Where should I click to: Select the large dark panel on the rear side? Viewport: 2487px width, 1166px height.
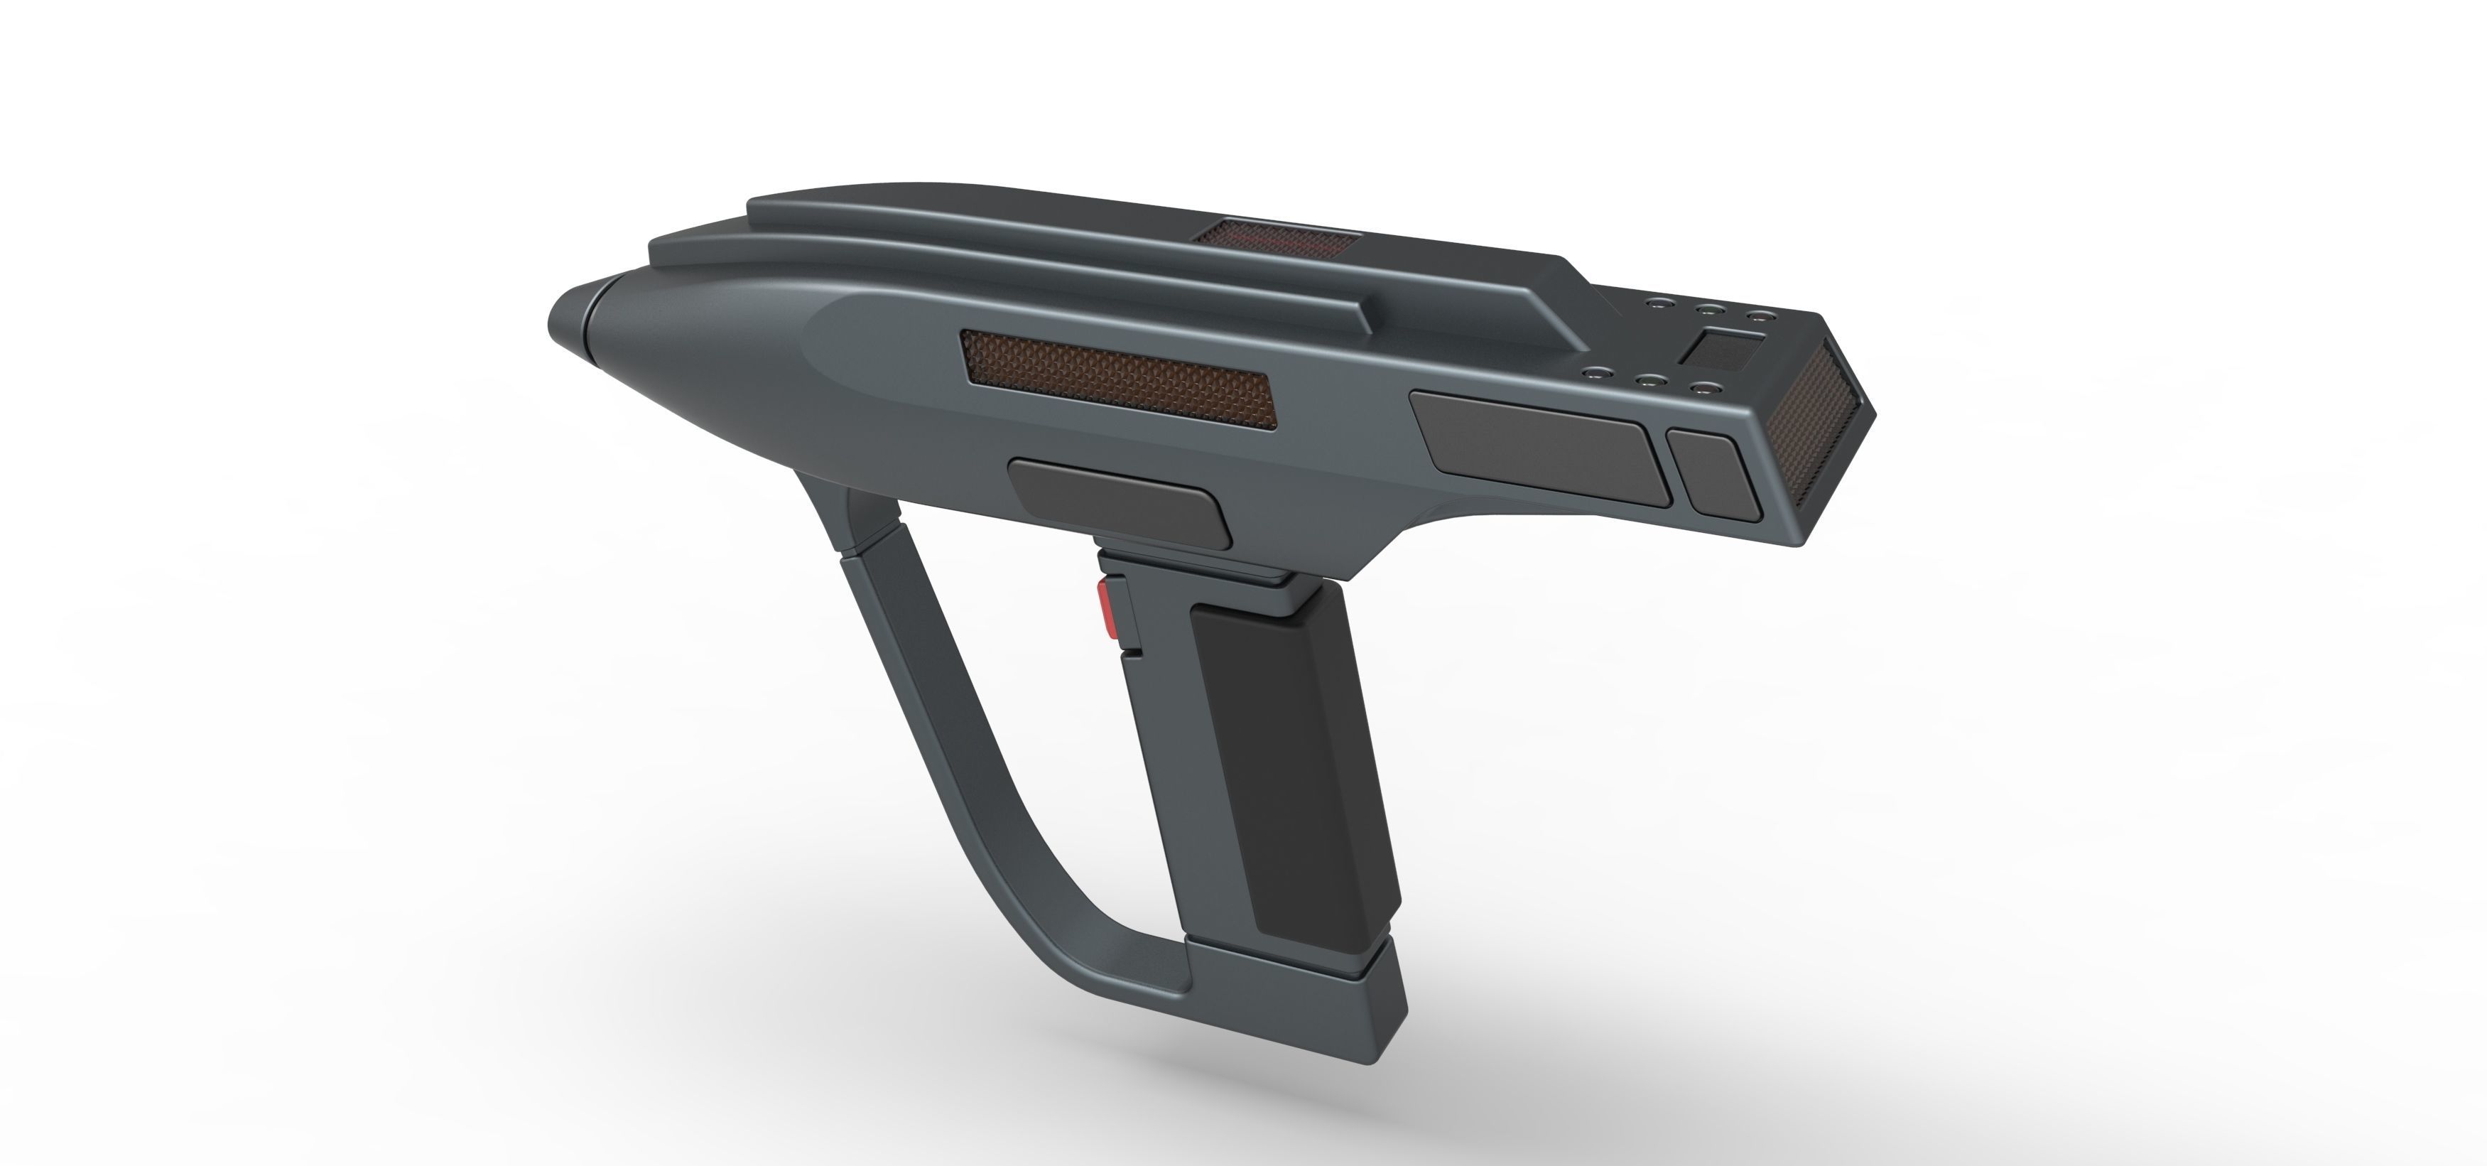(x=1541, y=444)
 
